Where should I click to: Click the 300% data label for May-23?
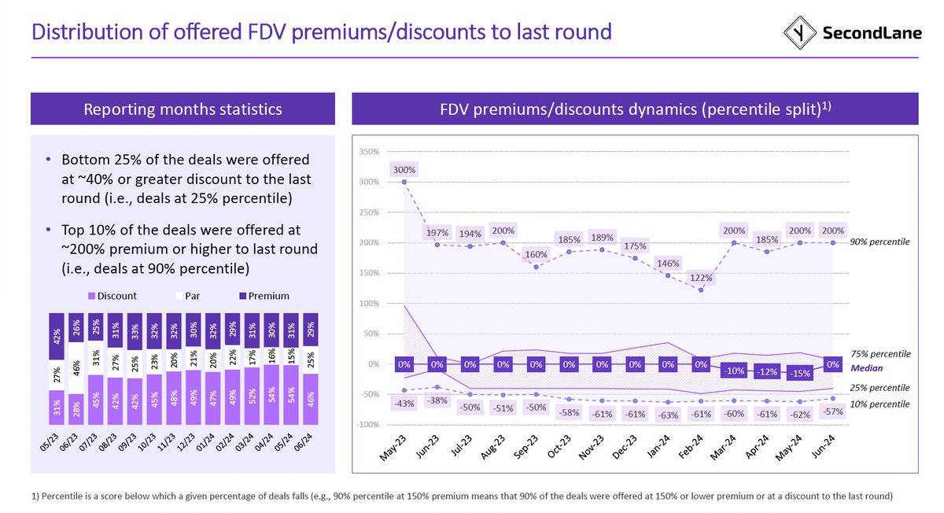click(x=404, y=169)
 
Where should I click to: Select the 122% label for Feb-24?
click(x=701, y=277)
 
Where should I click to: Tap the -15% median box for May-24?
click(x=800, y=373)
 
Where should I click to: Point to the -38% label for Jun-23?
click(x=437, y=400)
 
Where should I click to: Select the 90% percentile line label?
click(x=880, y=242)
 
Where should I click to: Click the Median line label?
click(x=866, y=367)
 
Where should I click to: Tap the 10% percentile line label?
click(x=880, y=404)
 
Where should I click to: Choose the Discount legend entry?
click(x=113, y=296)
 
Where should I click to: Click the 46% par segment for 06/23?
click(x=76, y=367)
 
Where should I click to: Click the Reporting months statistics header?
click(x=183, y=109)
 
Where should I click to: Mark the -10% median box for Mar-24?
click(x=734, y=370)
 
